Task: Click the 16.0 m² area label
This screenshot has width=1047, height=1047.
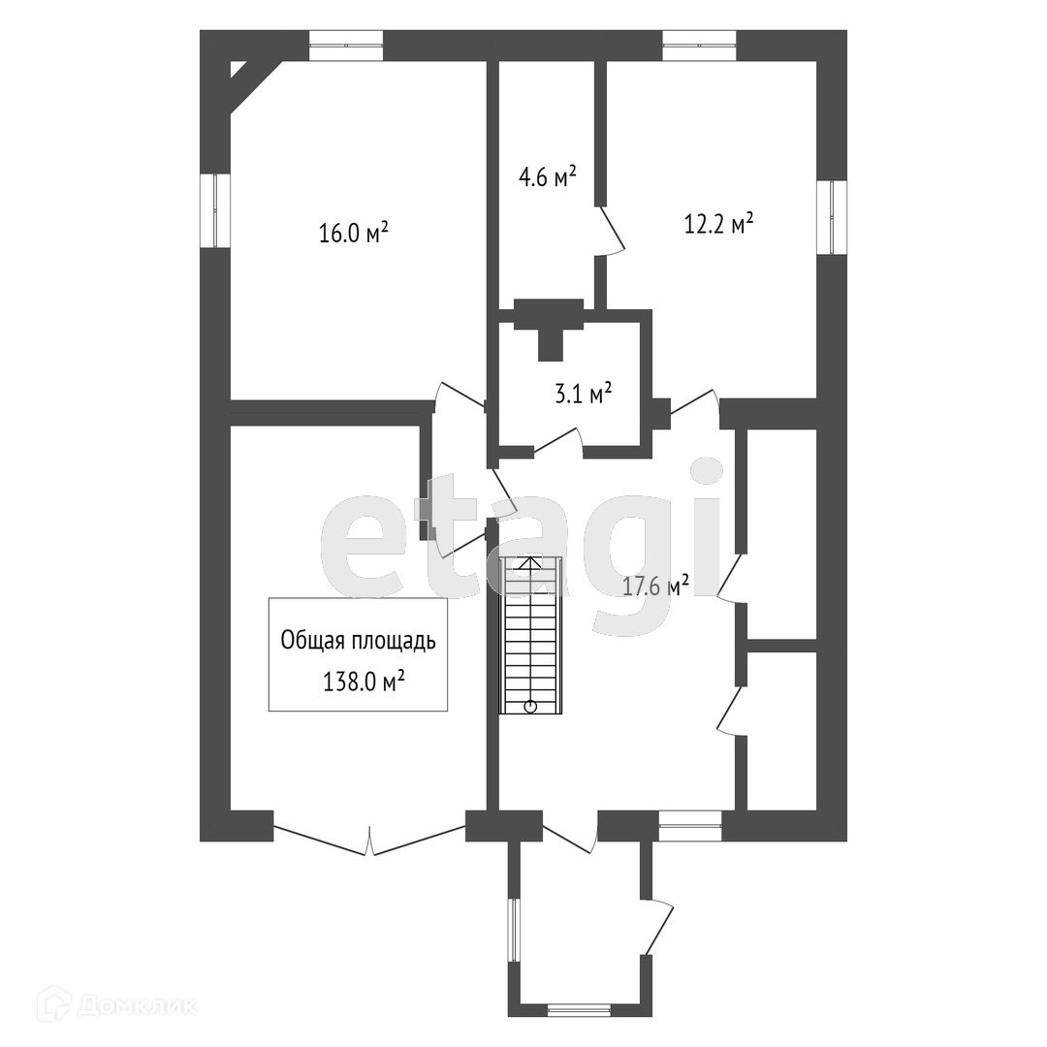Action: coord(354,233)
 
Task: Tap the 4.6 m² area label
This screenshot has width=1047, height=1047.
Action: coord(547,176)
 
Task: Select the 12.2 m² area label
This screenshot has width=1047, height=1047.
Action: coord(719,225)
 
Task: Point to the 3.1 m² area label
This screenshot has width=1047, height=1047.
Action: coord(582,394)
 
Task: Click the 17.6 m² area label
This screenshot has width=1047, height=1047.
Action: coord(656,585)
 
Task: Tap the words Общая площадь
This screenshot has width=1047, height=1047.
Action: coord(358,641)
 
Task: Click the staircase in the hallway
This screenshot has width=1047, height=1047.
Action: coord(529,635)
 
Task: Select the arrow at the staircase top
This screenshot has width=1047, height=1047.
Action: coord(529,561)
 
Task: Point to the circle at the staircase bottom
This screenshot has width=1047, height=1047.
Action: coord(530,706)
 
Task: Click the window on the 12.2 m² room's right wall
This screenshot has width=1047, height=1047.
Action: coord(832,218)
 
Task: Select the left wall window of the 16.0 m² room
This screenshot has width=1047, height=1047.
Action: coord(215,211)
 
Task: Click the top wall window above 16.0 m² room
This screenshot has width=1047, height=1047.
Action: coord(346,45)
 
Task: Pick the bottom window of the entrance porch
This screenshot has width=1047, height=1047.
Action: coord(579,1010)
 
